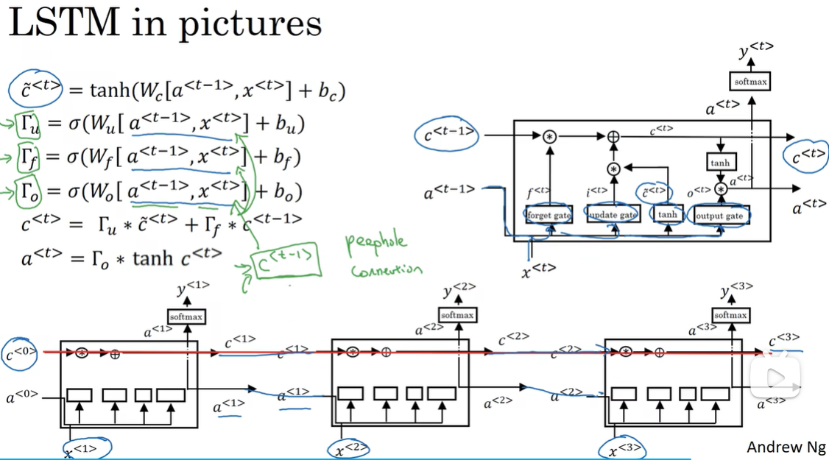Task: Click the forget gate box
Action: coord(549,215)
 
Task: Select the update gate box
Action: coord(612,215)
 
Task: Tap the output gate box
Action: coord(722,216)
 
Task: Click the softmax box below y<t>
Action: coord(750,82)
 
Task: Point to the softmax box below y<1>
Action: coord(186,316)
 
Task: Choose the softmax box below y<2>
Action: coord(457,315)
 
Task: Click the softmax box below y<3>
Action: coord(731,315)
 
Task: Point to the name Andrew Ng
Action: coord(786,447)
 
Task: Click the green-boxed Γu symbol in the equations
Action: coord(29,126)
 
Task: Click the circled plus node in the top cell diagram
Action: coord(613,137)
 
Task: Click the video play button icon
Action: coord(775,378)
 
